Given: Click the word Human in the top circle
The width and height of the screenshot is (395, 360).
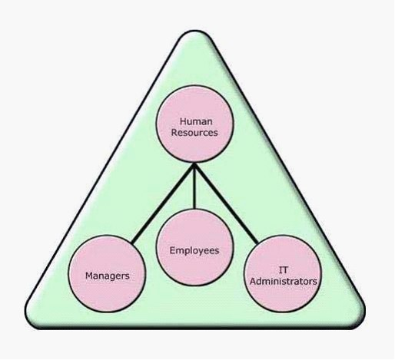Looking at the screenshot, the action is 196,121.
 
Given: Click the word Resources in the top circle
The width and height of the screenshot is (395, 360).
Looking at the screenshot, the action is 194,133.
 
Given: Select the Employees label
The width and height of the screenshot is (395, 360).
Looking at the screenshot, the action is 194,250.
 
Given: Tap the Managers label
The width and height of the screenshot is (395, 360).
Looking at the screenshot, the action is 108,276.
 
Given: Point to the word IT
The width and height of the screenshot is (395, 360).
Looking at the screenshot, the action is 283,270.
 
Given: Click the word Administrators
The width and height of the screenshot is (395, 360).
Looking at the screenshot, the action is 284,281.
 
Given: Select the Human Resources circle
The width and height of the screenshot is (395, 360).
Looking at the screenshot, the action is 194,124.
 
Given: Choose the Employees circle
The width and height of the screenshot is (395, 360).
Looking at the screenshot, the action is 194,247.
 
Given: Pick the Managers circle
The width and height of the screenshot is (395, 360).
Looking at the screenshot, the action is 107,274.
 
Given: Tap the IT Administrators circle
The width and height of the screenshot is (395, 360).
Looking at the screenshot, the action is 283,274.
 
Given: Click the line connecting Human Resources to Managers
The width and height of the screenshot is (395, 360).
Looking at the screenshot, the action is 163,203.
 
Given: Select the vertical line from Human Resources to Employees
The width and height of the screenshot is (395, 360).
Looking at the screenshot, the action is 194,186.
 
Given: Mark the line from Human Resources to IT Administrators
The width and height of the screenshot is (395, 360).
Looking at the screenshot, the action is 226,203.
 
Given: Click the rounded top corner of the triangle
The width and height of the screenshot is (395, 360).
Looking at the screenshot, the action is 194,31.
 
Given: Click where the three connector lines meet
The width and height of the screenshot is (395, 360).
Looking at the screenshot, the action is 194,165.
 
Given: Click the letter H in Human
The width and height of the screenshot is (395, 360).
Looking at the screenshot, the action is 183,121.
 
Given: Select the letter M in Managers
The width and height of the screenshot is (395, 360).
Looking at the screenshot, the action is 89,276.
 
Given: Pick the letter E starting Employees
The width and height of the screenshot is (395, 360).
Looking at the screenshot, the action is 172,250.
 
